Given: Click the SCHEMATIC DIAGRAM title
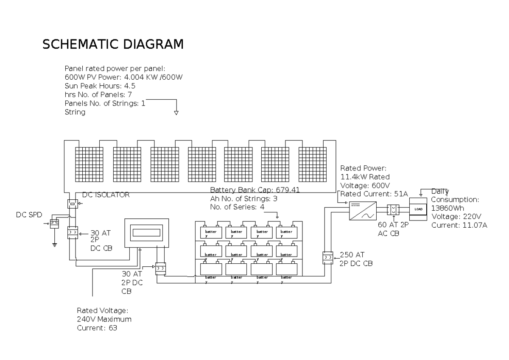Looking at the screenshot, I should tap(113, 45).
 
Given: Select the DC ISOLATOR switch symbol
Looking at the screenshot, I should tap(72, 204).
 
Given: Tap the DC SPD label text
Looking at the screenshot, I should tap(29, 215).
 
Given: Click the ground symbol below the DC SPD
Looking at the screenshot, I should tap(54, 244).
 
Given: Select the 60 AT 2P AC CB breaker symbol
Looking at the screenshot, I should tap(394, 210).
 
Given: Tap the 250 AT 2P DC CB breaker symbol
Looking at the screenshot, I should tap(327, 258).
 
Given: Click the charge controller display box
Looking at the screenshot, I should tap(146, 232).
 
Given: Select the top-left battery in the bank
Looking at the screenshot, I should tap(210, 232).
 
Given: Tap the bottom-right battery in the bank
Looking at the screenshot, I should tap(286, 268).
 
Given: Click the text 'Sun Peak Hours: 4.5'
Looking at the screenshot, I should tap(100, 86).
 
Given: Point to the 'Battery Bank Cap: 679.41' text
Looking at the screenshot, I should tap(255, 190).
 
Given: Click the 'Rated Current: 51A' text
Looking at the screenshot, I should tap(374, 194).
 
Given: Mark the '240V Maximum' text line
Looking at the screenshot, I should tap(104, 319).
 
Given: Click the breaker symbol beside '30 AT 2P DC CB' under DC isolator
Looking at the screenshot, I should tap(72, 233).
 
